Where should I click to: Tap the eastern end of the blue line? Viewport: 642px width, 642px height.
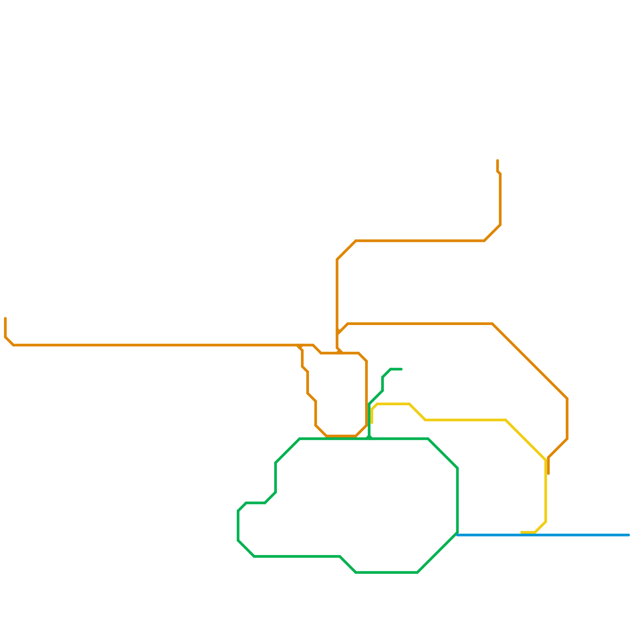(629, 535)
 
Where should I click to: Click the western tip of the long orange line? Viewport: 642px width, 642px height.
(6, 319)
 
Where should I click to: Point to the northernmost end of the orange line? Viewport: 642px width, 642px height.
(498, 161)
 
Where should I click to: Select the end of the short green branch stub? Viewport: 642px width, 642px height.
(401, 369)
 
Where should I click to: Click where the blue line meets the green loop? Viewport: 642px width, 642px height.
(457, 534)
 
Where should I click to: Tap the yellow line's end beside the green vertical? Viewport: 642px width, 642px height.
(372, 423)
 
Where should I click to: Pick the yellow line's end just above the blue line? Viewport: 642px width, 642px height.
(522, 532)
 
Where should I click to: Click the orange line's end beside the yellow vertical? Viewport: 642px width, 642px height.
(548, 473)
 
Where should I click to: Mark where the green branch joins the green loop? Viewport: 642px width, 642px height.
(369, 439)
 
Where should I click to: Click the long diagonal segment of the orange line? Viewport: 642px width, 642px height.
(530, 361)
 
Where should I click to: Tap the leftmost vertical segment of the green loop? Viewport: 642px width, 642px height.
(238, 526)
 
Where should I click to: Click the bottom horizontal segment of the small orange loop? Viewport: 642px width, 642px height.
(341, 436)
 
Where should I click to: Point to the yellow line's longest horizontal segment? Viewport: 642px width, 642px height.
(465, 420)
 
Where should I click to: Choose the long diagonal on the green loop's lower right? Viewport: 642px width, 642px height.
(437, 553)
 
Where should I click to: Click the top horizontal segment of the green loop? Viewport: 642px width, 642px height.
(401, 439)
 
